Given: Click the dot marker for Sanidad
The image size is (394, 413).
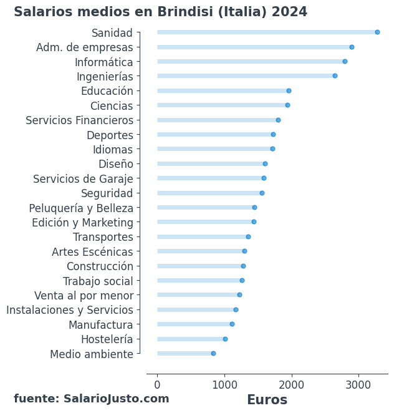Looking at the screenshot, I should pyautogui.click(x=377, y=32).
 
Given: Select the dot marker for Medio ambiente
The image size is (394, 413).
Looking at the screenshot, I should pyautogui.click(x=213, y=354).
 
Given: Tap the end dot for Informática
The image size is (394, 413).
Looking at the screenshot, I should pyautogui.click(x=345, y=62).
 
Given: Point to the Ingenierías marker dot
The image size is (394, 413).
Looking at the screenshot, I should pyautogui.click(x=335, y=76).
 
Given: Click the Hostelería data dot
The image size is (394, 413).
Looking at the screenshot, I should pyautogui.click(x=225, y=339).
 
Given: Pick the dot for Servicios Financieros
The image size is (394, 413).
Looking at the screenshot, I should pyautogui.click(x=278, y=120).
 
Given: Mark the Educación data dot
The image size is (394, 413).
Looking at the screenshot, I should pyautogui.click(x=289, y=91).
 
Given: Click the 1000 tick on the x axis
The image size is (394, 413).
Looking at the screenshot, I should pyautogui.click(x=224, y=385).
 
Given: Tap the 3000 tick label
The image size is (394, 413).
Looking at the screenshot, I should pyautogui.click(x=358, y=385).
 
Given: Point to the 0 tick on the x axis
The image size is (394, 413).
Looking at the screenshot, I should pyautogui.click(x=157, y=385).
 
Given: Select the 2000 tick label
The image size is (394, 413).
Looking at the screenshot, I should pyautogui.click(x=291, y=385).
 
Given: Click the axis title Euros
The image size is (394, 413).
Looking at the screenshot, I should pyautogui.click(x=267, y=401).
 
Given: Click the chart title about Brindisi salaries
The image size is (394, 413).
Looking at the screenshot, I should pyautogui.click(x=160, y=12).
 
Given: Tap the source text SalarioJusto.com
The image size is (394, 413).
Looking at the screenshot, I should pyautogui.click(x=92, y=399).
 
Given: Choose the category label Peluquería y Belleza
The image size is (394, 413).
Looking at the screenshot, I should pyautogui.click(x=81, y=208).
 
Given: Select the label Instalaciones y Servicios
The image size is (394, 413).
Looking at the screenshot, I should pyautogui.click(x=70, y=310).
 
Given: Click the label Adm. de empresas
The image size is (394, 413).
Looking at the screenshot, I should pyautogui.click(x=85, y=47).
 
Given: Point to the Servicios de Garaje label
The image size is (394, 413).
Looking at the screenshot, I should pyautogui.click(x=83, y=179).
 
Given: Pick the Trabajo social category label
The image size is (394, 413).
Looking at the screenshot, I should pyautogui.click(x=98, y=281).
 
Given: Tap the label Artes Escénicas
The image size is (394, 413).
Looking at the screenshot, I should pyautogui.click(x=92, y=252).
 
